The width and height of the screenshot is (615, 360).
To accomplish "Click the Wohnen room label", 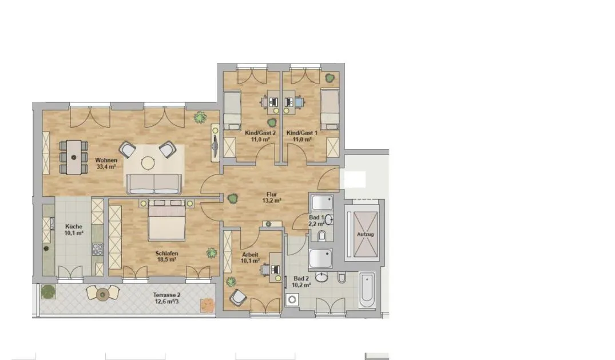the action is click(106, 160).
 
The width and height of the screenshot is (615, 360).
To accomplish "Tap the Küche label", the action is click(74, 227).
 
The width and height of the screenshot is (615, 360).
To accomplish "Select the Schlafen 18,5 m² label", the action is click(166, 256).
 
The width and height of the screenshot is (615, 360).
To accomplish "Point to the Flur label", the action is click(271, 195).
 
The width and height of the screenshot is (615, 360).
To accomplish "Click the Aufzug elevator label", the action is click(365, 235).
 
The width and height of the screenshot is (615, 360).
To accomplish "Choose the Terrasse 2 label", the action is click(166, 295).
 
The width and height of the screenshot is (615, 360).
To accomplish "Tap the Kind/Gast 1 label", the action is click(302, 133).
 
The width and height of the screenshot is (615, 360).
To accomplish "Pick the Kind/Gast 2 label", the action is click(260, 133).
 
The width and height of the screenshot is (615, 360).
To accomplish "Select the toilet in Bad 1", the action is click(322, 236).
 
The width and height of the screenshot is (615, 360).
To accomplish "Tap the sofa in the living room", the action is click(154, 184).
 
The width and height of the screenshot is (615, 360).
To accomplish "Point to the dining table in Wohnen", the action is click(74, 157).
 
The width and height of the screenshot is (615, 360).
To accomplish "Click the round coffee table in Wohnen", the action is click(148, 163).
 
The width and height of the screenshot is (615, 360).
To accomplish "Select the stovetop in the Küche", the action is click(97, 249).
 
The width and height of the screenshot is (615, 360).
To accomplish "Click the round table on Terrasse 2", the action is click(102, 294).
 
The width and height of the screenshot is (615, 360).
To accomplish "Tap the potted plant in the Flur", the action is click(233, 198).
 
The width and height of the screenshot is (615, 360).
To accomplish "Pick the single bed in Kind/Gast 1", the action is click(330, 109).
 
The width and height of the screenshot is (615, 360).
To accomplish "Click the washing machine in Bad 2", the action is click(292, 300).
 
